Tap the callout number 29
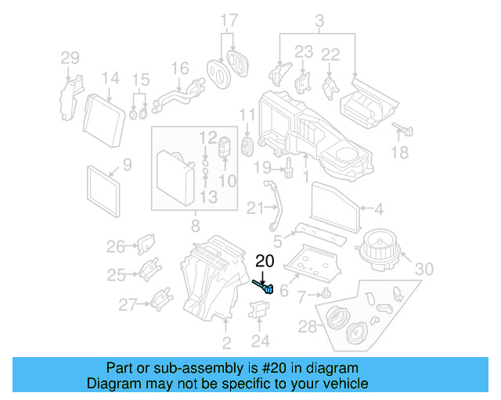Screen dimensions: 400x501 [70, 58]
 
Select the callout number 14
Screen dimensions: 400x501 [110, 79]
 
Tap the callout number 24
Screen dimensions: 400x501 [260, 341]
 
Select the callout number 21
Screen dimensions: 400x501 [255, 207]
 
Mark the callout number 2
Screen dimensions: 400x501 [226, 343]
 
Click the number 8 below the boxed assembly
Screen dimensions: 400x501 [194, 227]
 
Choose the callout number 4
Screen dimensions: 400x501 [379, 209]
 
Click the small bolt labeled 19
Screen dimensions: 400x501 [289, 166]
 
